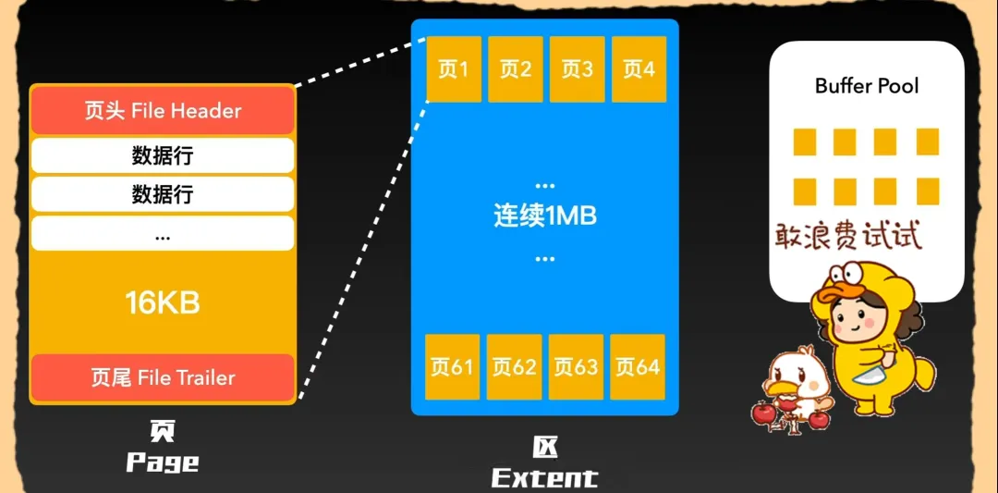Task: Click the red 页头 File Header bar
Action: (163, 111)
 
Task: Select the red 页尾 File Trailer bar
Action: (163, 377)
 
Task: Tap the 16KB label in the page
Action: (163, 302)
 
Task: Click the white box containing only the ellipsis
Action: (163, 234)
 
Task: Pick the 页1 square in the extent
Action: (453, 69)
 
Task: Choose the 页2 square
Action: (516, 69)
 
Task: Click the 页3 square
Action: (578, 69)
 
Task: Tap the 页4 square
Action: (639, 69)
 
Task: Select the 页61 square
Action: (453, 367)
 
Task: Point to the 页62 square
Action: (515, 367)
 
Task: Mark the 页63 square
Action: (577, 367)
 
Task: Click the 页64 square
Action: (639, 367)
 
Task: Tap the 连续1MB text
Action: (545, 216)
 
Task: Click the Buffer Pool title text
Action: (867, 86)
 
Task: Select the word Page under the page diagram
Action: (163, 462)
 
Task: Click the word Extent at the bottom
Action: (544, 477)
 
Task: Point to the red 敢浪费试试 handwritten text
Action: (848, 236)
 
